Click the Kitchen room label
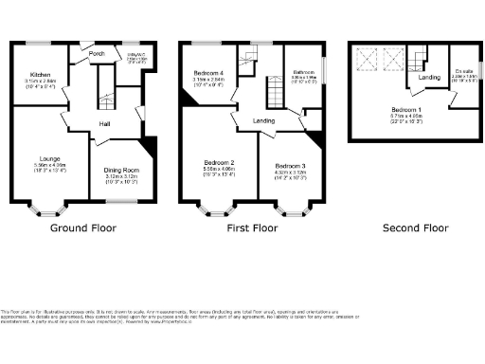(40, 74)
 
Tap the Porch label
(97, 54)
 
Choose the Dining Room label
(121, 170)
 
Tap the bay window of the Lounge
(45, 206)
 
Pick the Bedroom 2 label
(219, 163)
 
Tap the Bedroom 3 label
(291, 166)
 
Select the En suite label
(463, 71)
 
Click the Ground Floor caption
(83, 227)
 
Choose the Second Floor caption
(415, 227)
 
